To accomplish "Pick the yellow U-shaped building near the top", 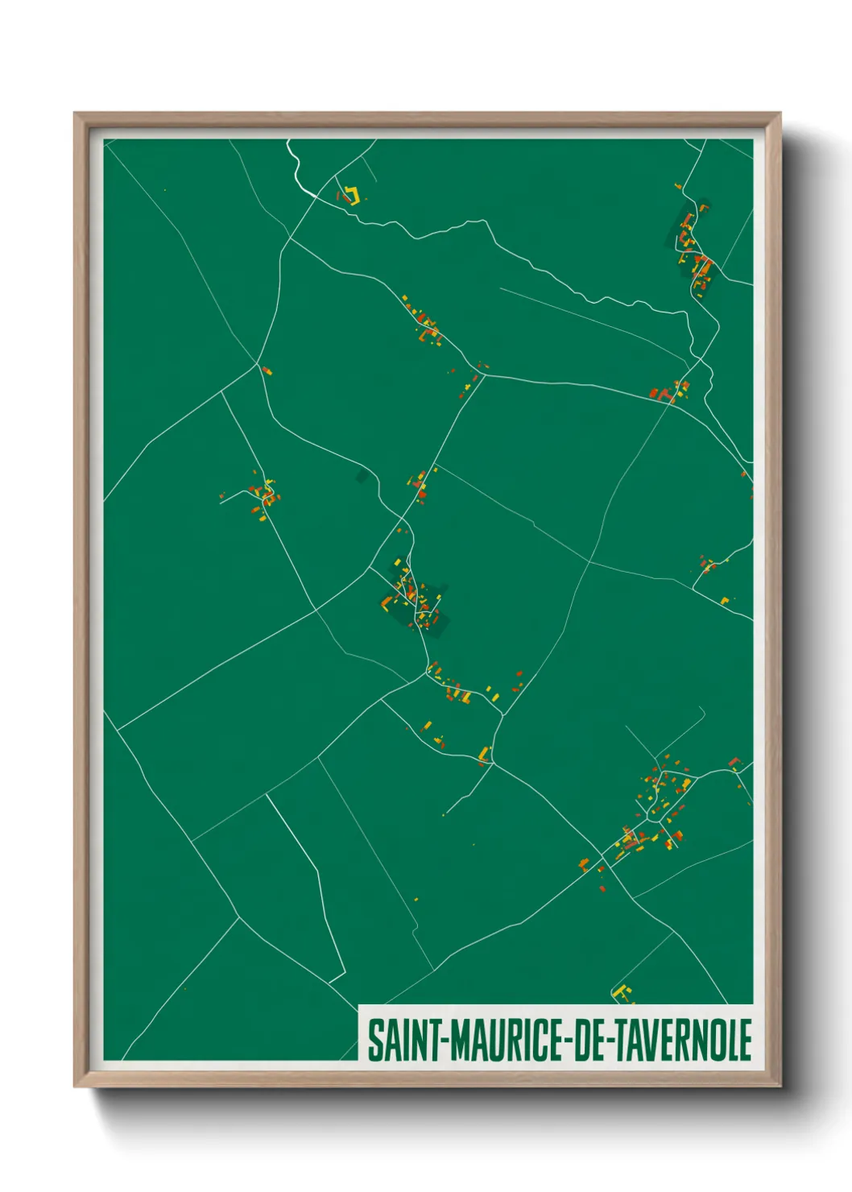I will tap(350, 195).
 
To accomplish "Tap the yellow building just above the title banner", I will tap(622, 993).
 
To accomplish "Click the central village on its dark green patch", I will tap(415, 600).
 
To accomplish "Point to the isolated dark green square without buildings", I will tap(362, 477).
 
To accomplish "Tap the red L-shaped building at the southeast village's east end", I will tap(734, 761).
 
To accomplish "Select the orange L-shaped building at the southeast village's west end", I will tap(584, 864).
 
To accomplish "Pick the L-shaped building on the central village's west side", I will tap(388, 602).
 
